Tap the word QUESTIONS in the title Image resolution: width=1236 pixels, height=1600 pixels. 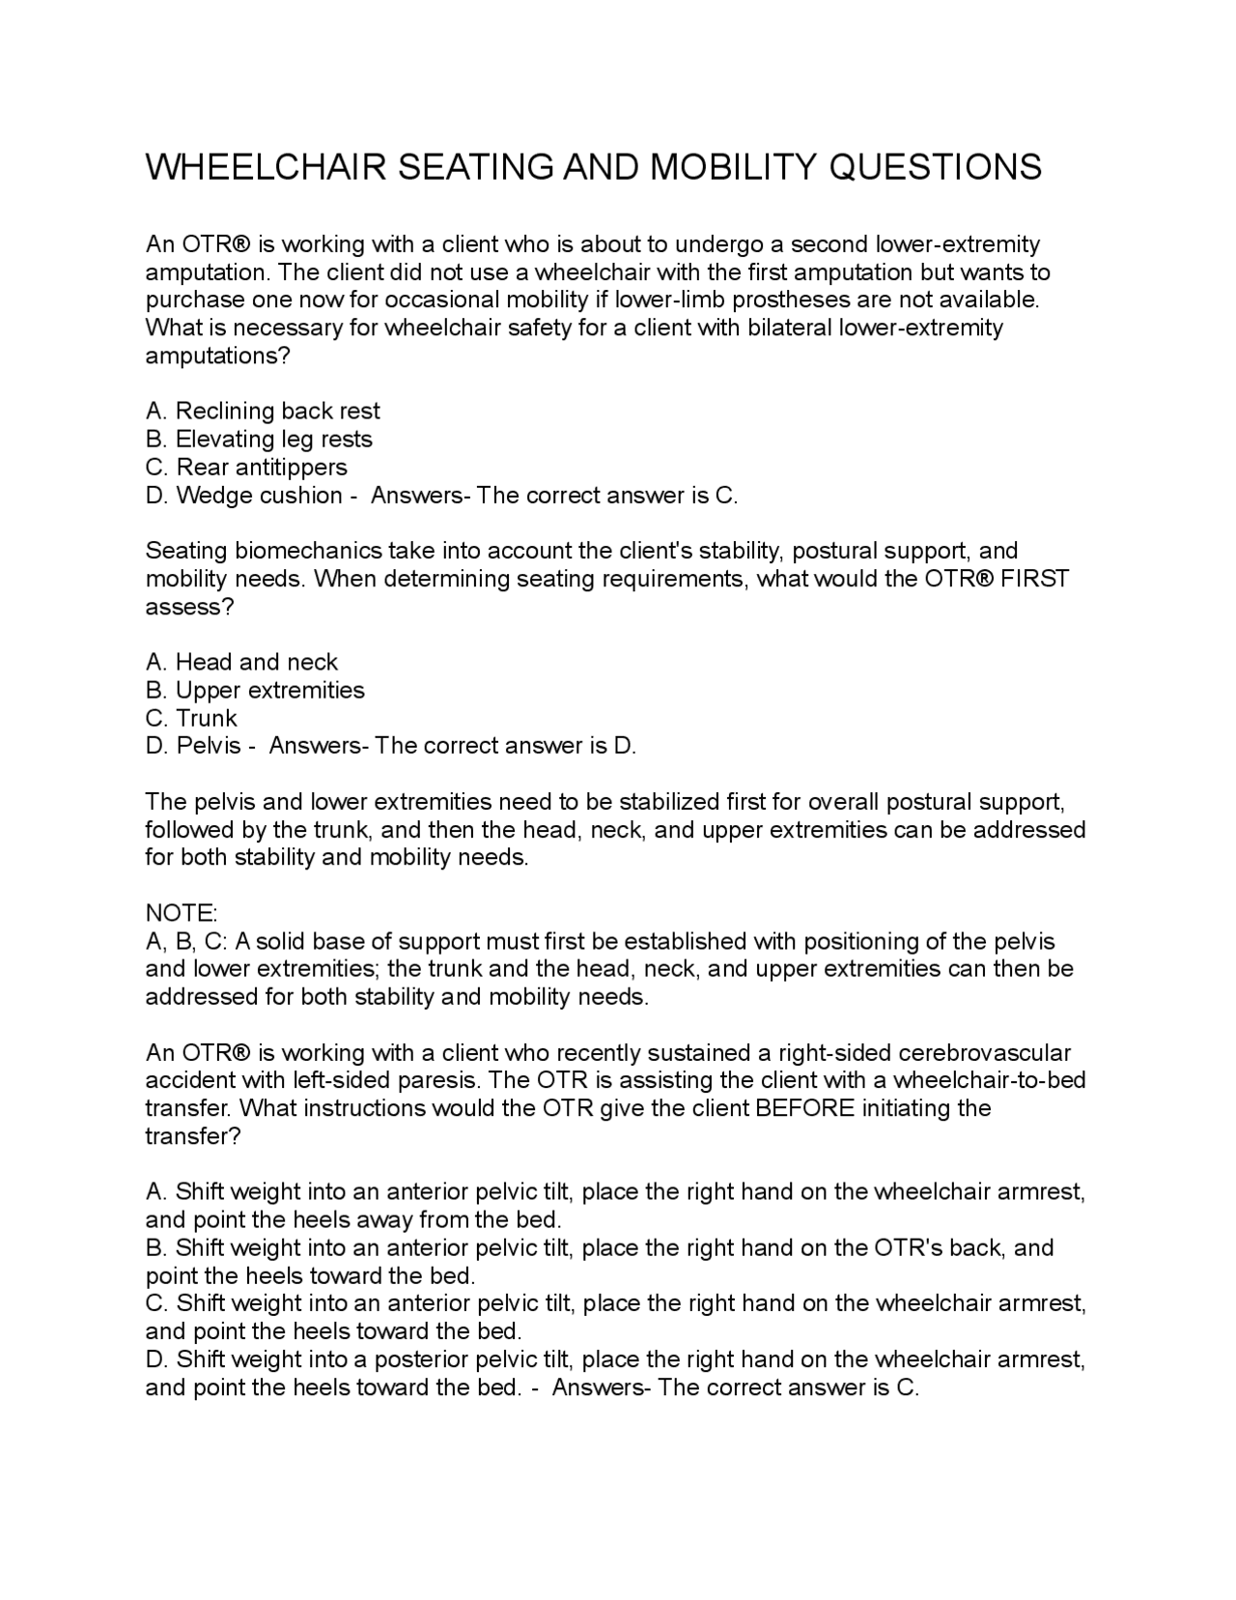[935, 167]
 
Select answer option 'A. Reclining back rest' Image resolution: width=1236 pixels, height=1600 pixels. [263, 411]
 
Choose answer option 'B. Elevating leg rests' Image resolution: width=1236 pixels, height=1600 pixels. [259, 439]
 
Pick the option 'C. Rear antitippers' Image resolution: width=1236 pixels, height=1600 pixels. [246, 467]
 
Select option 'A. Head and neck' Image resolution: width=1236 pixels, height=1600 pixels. [241, 662]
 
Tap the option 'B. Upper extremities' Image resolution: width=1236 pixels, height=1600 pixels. [255, 690]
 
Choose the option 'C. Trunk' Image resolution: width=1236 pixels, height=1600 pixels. [191, 718]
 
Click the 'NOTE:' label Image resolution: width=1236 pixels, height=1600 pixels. [182, 913]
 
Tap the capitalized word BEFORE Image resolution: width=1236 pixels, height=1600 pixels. [805, 1107]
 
